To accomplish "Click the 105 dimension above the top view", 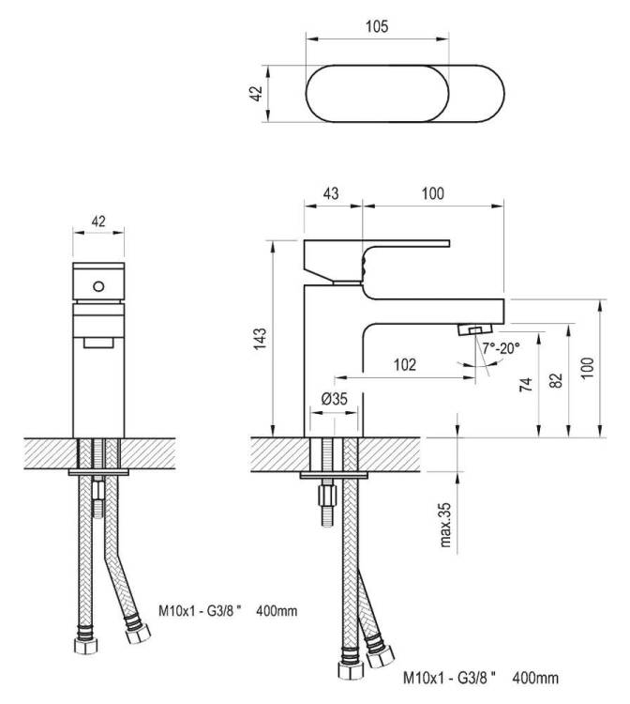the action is [377, 26].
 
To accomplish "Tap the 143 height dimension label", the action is [260, 339].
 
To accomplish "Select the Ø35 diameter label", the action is [335, 398].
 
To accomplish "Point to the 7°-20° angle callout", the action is [501, 347].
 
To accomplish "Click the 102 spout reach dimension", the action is [404, 364].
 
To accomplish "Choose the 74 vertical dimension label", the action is [526, 385].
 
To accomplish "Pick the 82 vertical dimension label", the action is [556, 381].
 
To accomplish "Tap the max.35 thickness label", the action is [444, 525].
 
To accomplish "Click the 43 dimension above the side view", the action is [331, 193].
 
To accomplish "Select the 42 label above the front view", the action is [98, 221].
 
